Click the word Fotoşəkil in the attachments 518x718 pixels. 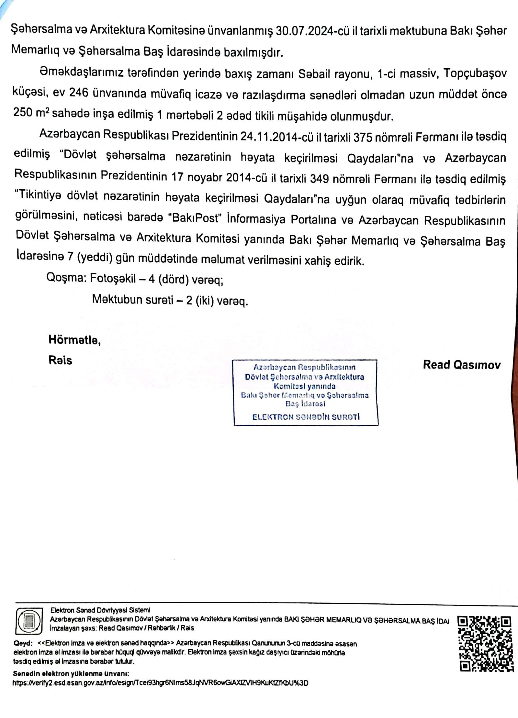click(113, 278)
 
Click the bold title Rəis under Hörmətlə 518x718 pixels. click(60, 360)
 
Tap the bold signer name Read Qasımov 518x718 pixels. click(462, 365)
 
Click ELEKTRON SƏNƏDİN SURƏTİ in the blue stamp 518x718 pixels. click(306, 417)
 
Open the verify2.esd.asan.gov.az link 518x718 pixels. click(160, 683)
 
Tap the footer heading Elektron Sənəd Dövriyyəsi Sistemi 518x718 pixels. click(100, 610)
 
